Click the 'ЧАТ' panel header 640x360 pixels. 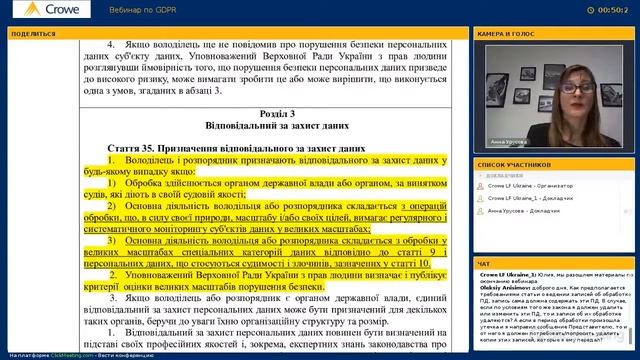click(484, 264)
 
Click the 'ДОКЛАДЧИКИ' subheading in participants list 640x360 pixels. click(506, 174)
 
